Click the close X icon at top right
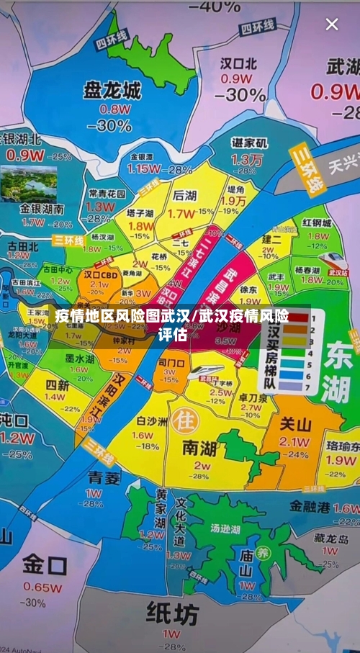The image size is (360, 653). (332, 24)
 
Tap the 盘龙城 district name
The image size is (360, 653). (112, 90)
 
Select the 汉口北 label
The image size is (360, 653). (238, 63)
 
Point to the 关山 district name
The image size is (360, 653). (295, 424)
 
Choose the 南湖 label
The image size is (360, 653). (199, 449)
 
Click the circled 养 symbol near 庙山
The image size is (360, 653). (265, 554)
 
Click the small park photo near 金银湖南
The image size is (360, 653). (29, 184)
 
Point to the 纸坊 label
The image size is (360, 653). (172, 613)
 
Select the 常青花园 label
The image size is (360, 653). (107, 194)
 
